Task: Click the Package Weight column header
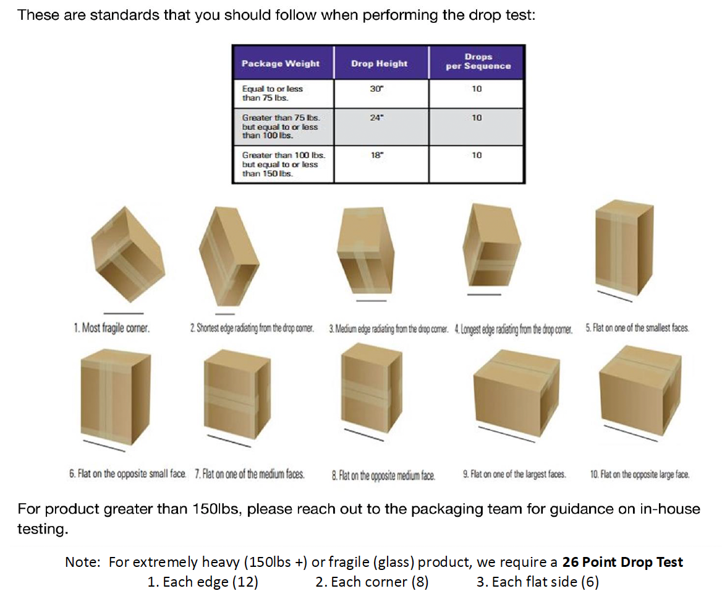tap(281, 63)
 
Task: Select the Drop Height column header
tap(379, 63)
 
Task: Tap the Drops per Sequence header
tap(478, 61)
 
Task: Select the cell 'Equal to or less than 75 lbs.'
tap(273, 93)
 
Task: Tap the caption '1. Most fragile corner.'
tap(112, 328)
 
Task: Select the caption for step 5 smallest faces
tap(637, 328)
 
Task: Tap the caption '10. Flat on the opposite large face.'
tap(640, 475)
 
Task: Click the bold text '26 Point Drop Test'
tap(622, 563)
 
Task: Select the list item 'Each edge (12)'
tap(203, 582)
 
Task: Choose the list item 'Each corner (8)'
tap(372, 582)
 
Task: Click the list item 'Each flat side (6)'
tap(537, 582)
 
